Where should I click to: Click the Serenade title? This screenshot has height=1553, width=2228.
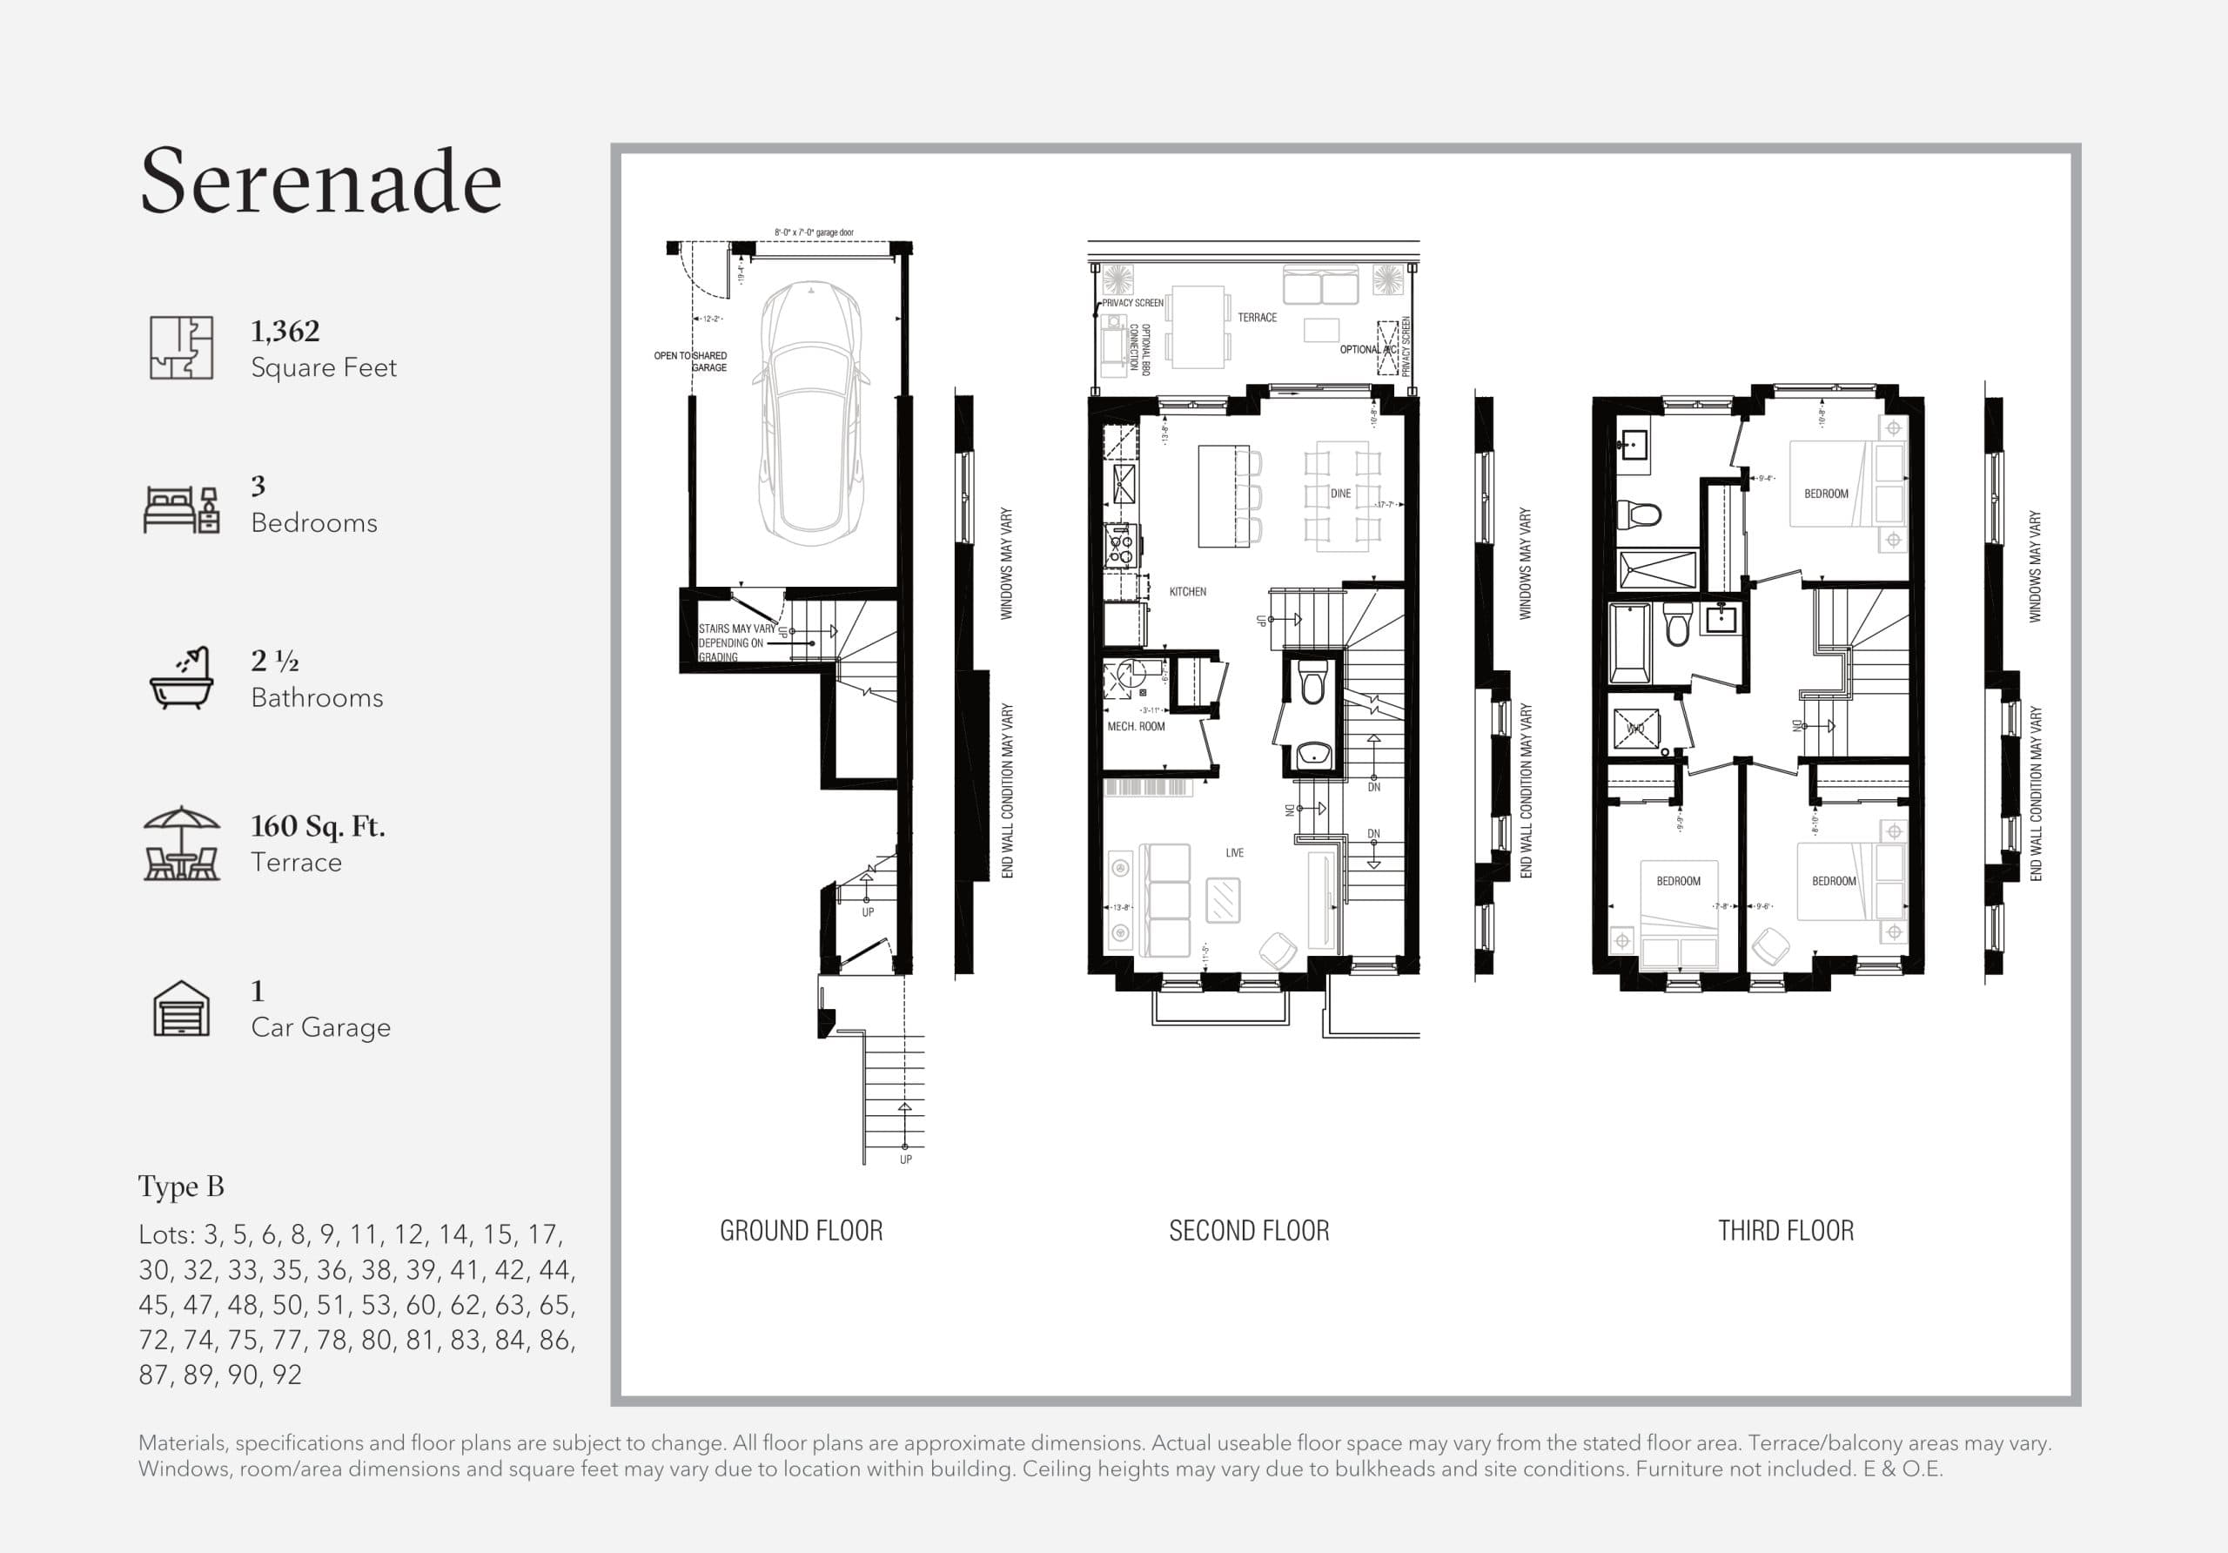click(x=320, y=182)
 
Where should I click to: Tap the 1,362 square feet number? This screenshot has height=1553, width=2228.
click(x=285, y=331)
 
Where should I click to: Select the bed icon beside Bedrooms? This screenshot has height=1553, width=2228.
click(x=182, y=509)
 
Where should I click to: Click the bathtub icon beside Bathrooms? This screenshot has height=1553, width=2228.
click(x=182, y=678)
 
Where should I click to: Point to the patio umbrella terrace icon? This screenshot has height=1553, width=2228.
click(x=182, y=844)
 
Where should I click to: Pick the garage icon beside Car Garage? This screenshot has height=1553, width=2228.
click(x=182, y=1008)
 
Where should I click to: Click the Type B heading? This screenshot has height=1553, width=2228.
click(x=182, y=1187)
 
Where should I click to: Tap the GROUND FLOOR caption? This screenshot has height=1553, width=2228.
click(x=802, y=1231)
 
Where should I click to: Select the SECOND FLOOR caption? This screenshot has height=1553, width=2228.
click(x=1249, y=1231)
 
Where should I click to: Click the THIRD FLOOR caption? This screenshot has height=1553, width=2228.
click(x=1786, y=1231)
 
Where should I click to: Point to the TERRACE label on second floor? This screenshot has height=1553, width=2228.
click(x=1257, y=318)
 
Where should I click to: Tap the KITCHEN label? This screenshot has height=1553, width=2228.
click(x=1188, y=591)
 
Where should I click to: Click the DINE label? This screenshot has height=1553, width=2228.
click(x=1340, y=493)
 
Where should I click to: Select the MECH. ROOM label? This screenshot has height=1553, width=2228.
click(x=1137, y=726)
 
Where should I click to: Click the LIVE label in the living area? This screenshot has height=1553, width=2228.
click(x=1234, y=852)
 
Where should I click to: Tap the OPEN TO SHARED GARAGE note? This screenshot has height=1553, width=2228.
click(x=690, y=361)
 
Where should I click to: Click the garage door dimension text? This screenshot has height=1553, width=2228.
click(x=814, y=233)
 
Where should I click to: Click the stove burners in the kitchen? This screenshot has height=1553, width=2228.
click(x=1121, y=546)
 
